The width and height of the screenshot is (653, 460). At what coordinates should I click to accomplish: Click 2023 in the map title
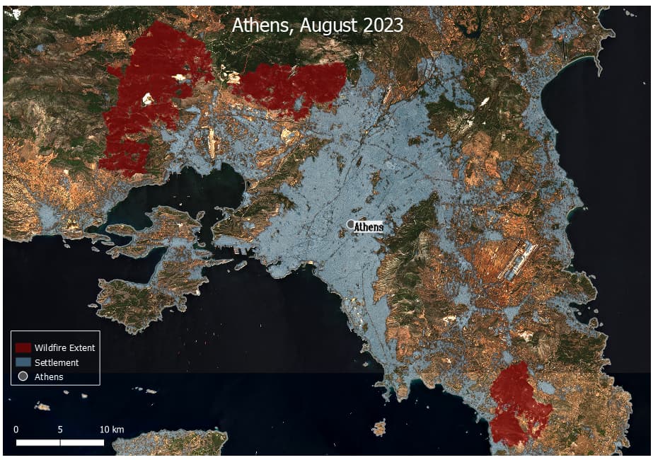coord(380,25)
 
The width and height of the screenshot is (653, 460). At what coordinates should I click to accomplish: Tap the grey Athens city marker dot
coord(351,224)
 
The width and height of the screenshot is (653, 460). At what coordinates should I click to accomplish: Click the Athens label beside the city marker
coord(368,227)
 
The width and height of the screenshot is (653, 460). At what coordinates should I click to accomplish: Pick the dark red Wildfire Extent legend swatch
coord(23,347)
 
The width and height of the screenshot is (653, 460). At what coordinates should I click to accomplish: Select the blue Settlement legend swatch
coord(23,362)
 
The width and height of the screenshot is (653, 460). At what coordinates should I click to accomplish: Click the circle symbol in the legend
coord(23,376)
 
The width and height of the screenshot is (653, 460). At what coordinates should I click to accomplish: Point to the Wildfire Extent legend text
coord(64,347)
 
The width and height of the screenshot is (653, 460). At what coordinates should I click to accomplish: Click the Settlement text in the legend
coord(56,362)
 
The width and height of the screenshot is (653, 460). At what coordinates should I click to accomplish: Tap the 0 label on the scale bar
coord(16,430)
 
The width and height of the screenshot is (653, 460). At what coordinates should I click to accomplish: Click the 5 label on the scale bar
coord(60,430)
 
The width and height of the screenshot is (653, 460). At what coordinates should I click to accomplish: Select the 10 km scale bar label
coord(111,430)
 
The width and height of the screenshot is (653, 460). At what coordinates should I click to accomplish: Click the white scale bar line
coord(60,442)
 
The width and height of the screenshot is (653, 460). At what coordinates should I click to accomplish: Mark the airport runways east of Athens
coord(517,260)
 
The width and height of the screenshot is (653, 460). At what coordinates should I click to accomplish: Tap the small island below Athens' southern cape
coord(380,427)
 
